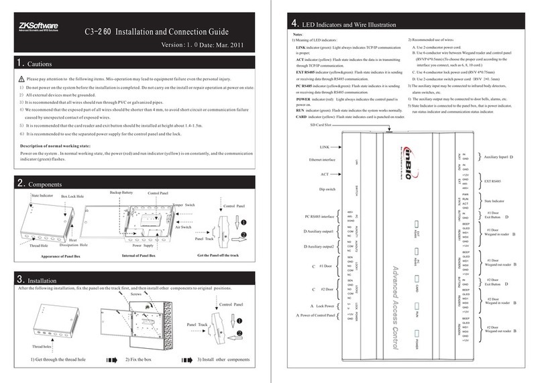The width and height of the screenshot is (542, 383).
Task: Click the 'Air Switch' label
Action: pyautogui.click(x=193, y=228)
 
